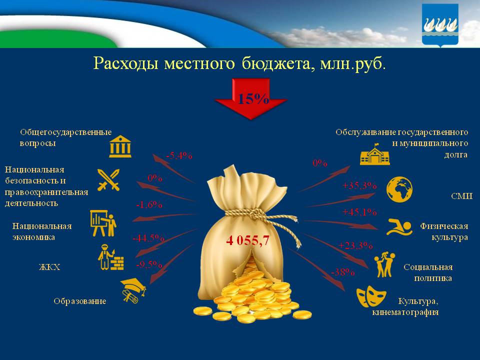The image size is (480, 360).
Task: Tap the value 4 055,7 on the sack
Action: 247,241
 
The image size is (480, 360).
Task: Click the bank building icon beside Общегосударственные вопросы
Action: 120,146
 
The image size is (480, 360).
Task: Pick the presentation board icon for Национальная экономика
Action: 103,223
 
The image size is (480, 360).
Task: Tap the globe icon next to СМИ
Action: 399,189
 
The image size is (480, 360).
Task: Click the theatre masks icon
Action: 370,297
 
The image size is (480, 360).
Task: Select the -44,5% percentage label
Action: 148,238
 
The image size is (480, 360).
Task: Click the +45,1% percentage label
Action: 359,212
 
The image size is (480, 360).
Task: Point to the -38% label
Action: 342,272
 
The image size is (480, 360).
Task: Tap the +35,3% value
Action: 359,186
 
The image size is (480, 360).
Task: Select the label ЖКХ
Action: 49,267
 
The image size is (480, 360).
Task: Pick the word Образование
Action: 80,301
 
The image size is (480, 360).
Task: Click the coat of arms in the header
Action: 440,25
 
